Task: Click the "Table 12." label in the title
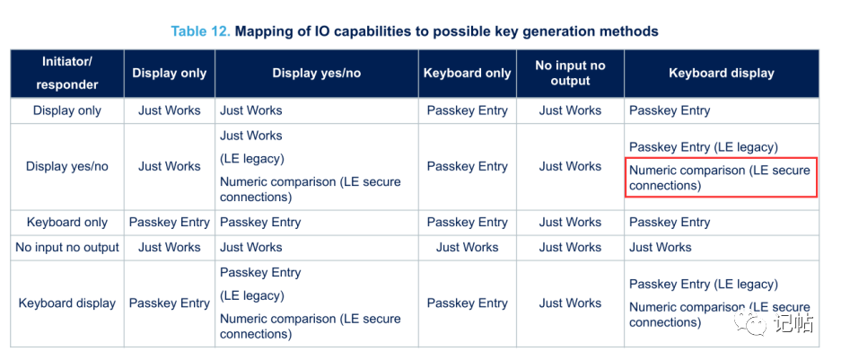pyautogui.click(x=200, y=31)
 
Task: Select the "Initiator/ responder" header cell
pyautogui.click(x=67, y=74)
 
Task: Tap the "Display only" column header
pyautogui.click(x=170, y=74)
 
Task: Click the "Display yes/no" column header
pyautogui.click(x=317, y=74)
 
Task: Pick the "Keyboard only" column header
pyautogui.click(x=467, y=74)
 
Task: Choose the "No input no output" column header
pyautogui.click(x=570, y=74)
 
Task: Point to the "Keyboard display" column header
pyautogui.click(x=722, y=74)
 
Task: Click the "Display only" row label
pyautogui.click(x=67, y=110)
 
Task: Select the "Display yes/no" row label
pyautogui.click(x=67, y=166)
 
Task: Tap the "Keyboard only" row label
pyautogui.click(x=67, y=222)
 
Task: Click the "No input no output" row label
pyautogui.click(x=67, y=248)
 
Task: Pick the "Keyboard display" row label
pyautogui.click(x=67, y=303)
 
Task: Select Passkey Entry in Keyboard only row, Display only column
pyautogui.click(x=170, y=222)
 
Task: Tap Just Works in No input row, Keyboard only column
pyautogui.click(x=467, y=248)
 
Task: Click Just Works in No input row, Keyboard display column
pyautogui.click(x=661, y=248)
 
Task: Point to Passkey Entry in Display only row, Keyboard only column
pyautogui.click(x=467, y=110)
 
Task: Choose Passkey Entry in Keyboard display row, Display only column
pyautogui.click(x=170, y=303)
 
